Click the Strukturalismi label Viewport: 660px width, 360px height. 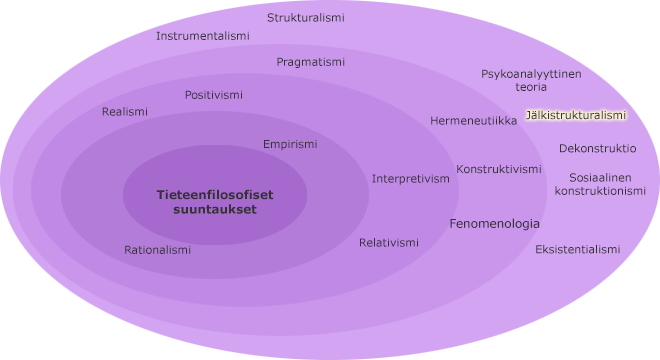click(x=305, y=18)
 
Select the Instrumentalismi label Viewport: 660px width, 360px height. click(x=203, y=36)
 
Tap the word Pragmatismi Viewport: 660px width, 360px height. click(x=310, y=62)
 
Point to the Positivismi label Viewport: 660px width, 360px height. click(x=213, y=95)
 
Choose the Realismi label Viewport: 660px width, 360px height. click(x=124, y=112)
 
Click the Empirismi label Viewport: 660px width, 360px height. click(x=290, y=144)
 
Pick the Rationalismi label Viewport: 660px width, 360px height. click(x=157, y=250)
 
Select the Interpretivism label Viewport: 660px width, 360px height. click(x=411, y=179)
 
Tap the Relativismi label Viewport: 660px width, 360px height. click(x=389, y=243)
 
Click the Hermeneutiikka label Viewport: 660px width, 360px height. click(x=473, y=121)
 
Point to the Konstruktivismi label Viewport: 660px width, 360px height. click(x=499, y=169)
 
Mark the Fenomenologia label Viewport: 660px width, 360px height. click(x=494, y=224)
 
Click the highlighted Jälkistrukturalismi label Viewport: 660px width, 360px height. click(x=575, y=115)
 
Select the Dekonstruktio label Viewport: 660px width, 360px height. click(x=597, y=148)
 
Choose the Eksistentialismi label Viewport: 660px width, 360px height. click(x=577, y=249)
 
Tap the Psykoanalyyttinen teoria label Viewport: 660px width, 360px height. click(x=531, y=80)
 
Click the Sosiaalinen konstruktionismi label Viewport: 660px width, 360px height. click(x=600, y=184)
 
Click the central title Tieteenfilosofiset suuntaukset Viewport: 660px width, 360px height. click(x=214, y=202)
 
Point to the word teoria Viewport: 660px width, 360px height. click(x=531, y=87)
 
